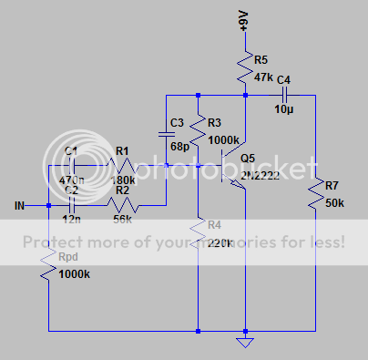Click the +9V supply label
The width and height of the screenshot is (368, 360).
point(243,20)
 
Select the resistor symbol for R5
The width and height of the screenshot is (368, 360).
point(244,66)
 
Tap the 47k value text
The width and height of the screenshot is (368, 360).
point(263,77)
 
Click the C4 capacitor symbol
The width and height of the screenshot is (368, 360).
point(284,94)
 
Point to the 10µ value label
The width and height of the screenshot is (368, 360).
point(284,109)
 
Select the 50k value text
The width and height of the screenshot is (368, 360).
point(334,201)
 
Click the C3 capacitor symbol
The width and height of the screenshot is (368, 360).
point(167,134)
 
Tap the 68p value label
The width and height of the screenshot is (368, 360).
point(179,146)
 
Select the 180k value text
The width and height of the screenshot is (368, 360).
point(122,180)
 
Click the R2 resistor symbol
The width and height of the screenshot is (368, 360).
point(121,205)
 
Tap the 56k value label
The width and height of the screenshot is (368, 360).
point(121,220)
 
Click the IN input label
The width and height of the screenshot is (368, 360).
point(19,205)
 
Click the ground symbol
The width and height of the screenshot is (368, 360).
point(244,343)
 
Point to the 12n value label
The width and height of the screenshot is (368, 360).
point(72,220)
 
